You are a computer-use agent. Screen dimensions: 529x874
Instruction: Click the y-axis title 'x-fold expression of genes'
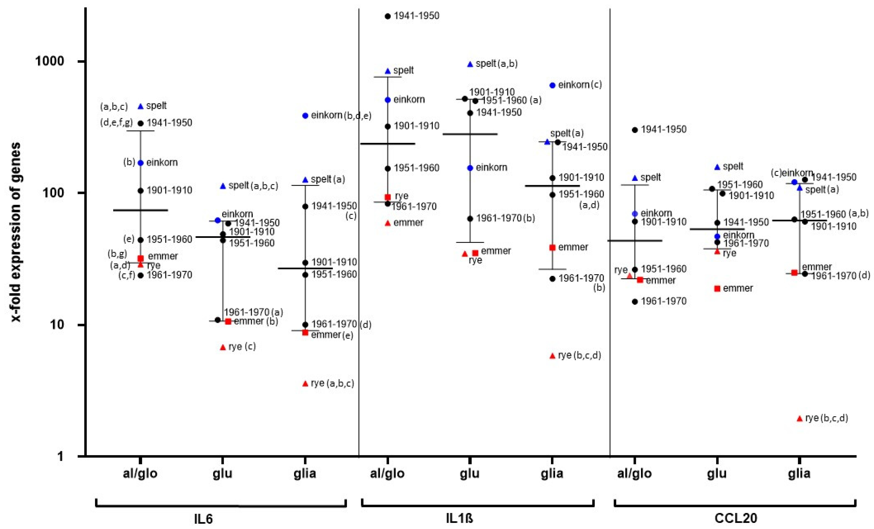pyautogui.click(x=16, y=232)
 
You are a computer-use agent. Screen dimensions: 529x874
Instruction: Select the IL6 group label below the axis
pyautogui.click(x=204, y=518)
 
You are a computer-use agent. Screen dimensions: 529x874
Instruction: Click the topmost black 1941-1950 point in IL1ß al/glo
pyautogui.click(x=388, y=16)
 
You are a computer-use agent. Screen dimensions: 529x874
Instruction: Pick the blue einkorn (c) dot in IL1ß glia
pyautogui.click(x=552, y=85)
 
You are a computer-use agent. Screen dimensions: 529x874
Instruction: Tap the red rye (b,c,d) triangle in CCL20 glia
pyautogui.click(x=799, y=419)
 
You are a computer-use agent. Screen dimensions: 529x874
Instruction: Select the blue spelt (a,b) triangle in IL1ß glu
pyautogui.click(x=470, y=64)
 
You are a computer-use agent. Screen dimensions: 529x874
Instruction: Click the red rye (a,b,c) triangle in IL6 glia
pyautogui.click(x=305, y=384)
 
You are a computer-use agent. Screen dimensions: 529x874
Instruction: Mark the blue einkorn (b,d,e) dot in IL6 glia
pyautogui.click(x=305, y=116)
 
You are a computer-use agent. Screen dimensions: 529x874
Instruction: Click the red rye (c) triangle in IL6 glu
pyautogui.click(x=223, y=347)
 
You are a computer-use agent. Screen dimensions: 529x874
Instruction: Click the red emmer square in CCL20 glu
pyautogui.click(x=717, y=288)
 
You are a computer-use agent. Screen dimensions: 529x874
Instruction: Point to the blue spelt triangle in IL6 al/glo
pyautogui.click(x=140, y=106)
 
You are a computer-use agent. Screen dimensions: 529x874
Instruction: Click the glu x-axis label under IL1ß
pyautogui.click(x=470, y=473)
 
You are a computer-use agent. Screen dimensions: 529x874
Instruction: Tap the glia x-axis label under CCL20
pyautogui.click(x=799, y=473)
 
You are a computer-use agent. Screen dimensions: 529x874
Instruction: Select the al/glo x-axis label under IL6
pyautogui.click(x=140, y=473)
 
